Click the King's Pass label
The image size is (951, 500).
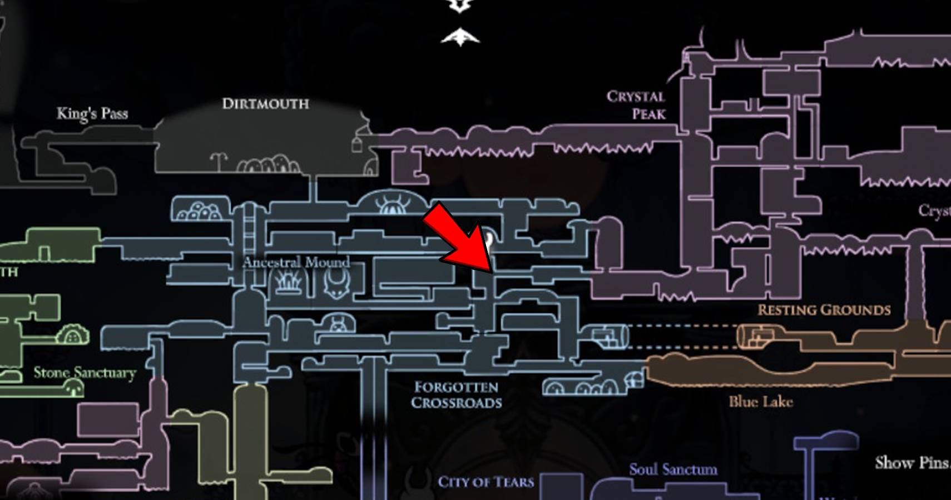pyautogui.click(x=92, y=113)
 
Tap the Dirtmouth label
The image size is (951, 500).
pyautogui.click(x=265, y=104)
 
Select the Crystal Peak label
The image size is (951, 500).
pyautogui.click(x=636, y=105)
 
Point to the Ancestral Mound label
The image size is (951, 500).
pyautogui.click(x=296, y=262)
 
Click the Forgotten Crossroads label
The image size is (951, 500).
pyautogui.click(x=456, y=395)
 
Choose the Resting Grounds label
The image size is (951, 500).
pyautogui.click(x=824, y=310)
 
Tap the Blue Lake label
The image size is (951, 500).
pyautogui.click(x=760, y=402)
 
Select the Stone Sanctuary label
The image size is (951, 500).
pyautogui.click(x=85, y=373)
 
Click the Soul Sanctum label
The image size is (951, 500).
pyautogui.click(x=673, y=470)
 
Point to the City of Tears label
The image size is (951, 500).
pyautogui.click(x=486, y=482)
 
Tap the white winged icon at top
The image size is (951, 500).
pyautogui.click(x=460, y=37)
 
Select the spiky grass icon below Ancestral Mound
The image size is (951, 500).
pyautogui.click(x=289, y=283)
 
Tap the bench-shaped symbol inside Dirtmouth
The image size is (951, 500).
pyautogui.click(x=219, y=161)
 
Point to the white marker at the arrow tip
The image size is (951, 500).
pyautogui.click(x=488, y=239)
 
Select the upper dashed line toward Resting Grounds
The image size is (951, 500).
pyautogui.click(x=684, y=326)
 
